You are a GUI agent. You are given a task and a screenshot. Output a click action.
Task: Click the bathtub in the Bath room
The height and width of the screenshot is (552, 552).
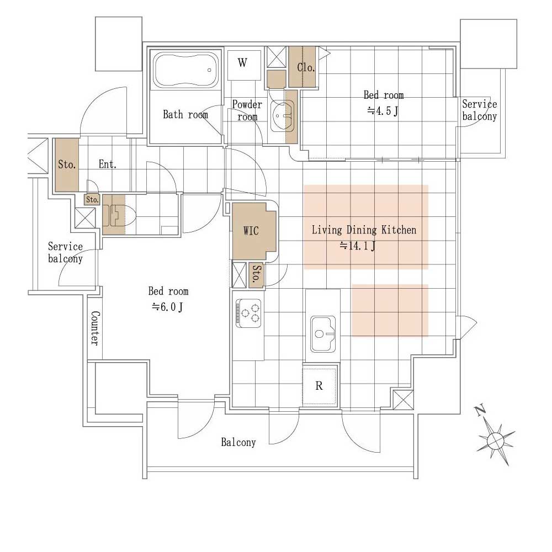(185, 70)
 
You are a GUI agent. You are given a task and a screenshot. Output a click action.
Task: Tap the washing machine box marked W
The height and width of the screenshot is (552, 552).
(244, 65)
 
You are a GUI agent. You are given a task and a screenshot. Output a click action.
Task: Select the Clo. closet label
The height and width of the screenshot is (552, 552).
(306, 67)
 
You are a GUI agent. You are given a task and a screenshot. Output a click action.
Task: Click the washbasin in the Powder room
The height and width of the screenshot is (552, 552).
(282, 116)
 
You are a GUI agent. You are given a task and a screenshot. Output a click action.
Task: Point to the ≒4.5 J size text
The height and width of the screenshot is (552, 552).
(383, 112)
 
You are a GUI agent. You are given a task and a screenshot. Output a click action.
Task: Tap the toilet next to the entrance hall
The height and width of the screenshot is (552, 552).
(119, 215)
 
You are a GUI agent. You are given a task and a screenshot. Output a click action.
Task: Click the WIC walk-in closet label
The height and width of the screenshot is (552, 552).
(251, 231)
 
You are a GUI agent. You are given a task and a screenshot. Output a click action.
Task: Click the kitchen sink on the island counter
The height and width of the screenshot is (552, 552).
(323, 334)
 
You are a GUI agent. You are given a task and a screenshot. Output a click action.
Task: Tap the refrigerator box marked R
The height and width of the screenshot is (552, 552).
(319, 386)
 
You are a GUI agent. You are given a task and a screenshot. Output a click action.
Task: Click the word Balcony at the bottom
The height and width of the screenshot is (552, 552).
(238, 442)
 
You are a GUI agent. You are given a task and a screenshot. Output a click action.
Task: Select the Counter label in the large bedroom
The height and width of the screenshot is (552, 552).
(95, 328)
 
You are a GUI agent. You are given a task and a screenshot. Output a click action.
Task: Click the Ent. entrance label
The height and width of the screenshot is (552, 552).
(108, 164)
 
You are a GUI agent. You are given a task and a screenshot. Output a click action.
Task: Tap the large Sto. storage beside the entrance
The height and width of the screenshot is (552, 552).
(67, 164)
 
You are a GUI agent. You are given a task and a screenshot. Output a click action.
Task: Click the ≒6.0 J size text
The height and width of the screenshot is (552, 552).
(167, 307)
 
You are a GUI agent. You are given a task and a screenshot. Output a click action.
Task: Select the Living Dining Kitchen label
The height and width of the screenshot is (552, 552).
(364, 230)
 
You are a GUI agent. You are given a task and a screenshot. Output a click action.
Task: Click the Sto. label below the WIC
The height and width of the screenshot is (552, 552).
(257, 274)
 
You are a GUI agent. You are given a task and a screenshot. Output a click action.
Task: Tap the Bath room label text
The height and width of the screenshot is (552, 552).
(185, 114)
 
